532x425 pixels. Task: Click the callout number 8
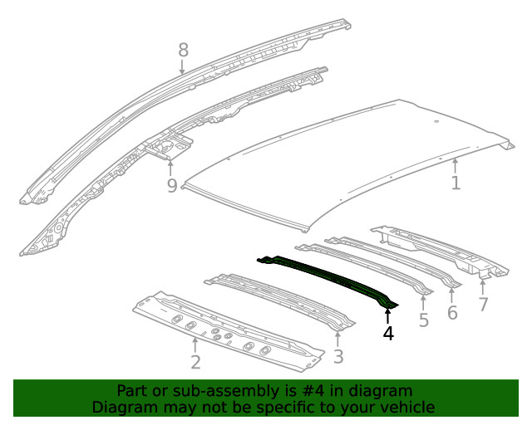[183, 51]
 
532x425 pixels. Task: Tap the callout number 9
[172, 185]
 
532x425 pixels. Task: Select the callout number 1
[456, 183]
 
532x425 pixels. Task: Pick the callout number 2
[196, 362]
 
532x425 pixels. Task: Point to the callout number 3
[338, 357]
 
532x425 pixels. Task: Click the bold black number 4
[388, 333]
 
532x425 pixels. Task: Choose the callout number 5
[424, 320]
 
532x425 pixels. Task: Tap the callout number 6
[452, 312]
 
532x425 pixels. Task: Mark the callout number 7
[483, 304]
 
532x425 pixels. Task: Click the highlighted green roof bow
[329, 279]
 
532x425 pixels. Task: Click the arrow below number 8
[182, 66]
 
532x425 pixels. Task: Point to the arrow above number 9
[170, 169]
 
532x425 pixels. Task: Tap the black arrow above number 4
[388, 316]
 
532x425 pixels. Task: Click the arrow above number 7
[483, 287]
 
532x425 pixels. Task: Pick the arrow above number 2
[195, 345]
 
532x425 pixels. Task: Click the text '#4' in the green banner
[313, 391]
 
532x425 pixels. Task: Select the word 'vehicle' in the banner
[409, 407]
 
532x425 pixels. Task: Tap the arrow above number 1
[456, 166]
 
